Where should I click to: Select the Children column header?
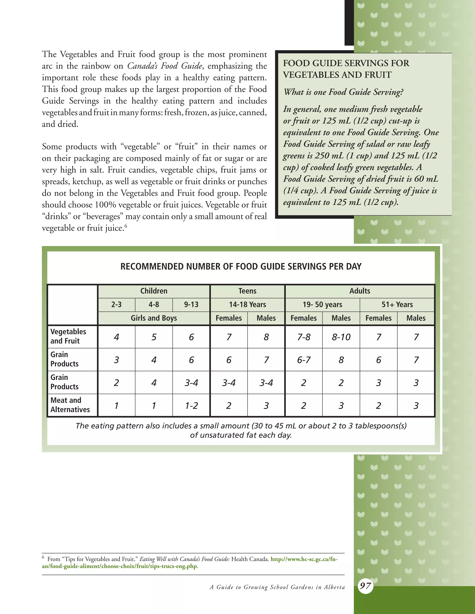pos(154,291)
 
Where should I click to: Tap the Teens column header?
pos(247,291)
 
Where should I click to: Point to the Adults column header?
pos(360,291)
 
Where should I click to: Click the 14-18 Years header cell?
pos(247,304)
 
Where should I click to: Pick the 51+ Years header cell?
pos(397,304)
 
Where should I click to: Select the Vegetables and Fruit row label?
pos(68,336)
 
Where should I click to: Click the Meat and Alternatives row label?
pos(70,405)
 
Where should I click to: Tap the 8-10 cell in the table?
pos(341,337)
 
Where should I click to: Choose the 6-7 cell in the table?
pos(304,360)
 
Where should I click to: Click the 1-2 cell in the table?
pos(191,406)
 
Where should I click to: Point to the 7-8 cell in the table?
pos(304,337)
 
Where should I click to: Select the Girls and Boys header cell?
pos(154,318)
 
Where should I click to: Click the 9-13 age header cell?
pos(191,304)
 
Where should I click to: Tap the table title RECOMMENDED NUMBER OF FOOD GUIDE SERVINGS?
pos(241,266)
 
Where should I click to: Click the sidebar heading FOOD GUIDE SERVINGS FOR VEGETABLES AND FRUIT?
pos(346,69)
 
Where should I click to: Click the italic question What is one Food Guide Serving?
pos(343,92)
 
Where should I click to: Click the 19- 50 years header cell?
pos(322,304)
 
